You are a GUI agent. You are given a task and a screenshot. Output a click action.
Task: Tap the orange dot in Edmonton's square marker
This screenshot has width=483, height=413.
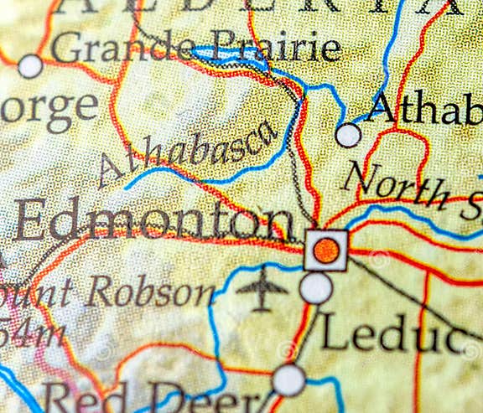click(x=326, y=250)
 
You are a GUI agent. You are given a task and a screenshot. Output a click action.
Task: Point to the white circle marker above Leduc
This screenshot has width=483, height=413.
click(x=316, y=288)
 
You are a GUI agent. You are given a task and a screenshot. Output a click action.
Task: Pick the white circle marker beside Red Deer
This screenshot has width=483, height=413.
click(x=288, y=379)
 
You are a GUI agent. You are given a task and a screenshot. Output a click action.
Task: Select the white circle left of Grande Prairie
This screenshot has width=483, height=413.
click(x=30, y=65)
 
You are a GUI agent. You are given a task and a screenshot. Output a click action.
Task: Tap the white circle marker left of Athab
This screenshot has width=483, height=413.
click(x=348, y=135)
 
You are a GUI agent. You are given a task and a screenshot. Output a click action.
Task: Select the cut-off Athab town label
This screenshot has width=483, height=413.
click(x=424, y=110)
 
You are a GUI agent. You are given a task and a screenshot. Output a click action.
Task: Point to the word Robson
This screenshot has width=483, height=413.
click(x=151, y=292)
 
